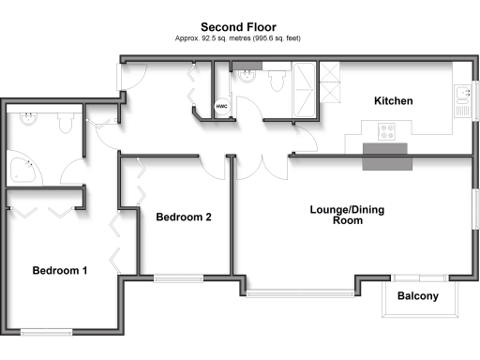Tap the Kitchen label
tap(394, 101)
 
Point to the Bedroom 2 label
tap(184, 217)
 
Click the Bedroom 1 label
tap(60, 271)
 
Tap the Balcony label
tap(417, 297)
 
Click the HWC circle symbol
tap(222, 107)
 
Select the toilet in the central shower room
tap(276, 82)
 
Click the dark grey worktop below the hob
tap(387, 159)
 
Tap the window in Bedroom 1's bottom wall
tap(47, 329)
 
